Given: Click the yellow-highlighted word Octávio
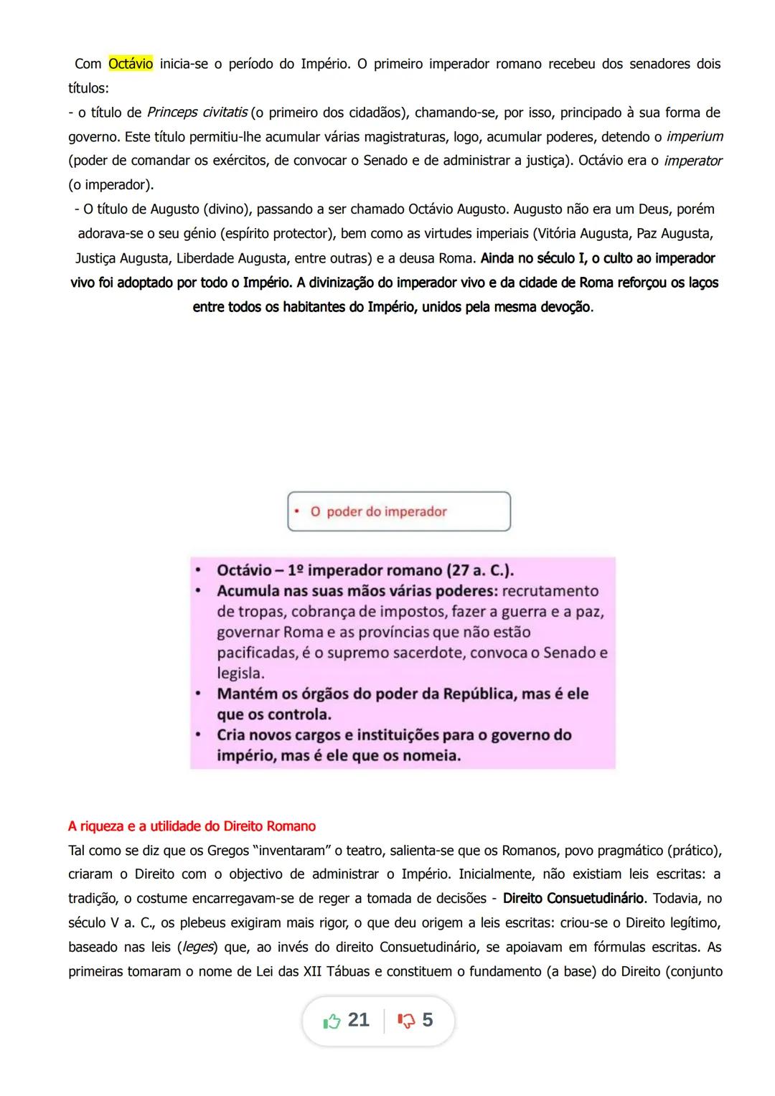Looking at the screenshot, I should (131, 64).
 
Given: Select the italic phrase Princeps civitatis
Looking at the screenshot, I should (197, 113).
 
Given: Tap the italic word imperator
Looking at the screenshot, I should (692, 161).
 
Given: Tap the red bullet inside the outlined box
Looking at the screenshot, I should (296, 511).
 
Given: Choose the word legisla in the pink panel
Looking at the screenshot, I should (240, 673).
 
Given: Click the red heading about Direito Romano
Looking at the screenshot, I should (192, 826).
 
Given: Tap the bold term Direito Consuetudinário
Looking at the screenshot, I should (573, 899).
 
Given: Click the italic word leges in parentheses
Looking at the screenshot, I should (197, 947).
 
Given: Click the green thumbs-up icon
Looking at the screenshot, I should (332, 1021).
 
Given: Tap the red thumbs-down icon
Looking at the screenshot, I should (406, 1021).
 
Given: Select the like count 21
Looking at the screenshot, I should (358, 1020).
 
